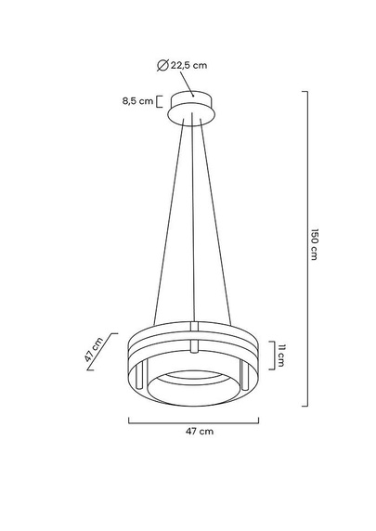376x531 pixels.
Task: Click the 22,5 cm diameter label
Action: click(x=192, y=64)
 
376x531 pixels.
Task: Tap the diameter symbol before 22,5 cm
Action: click(x=163, y=64)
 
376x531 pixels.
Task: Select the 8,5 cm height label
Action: click(x=136, y=101)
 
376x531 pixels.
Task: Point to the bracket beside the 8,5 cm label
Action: click(x=159, y=101)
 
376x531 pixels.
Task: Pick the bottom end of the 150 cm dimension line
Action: click(x=307, y=405)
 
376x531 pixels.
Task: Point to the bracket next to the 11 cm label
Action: click(x=268, y=355)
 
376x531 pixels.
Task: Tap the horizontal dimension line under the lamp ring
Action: click(x=192, y=421)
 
